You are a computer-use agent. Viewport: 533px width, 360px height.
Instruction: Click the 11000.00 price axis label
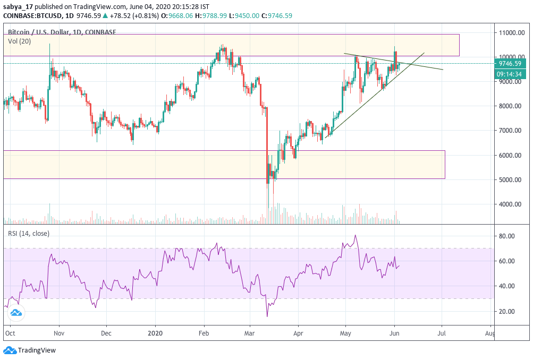[x=511, y=33]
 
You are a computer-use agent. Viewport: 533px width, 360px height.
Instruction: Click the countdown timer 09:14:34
[x=509, y=74]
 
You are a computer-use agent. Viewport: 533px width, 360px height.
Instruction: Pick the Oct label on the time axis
[x=10, y=334]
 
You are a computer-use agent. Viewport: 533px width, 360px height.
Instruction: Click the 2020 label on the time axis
[x=155, y=334]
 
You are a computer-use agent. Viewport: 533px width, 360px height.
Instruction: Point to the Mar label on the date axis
[x=250, y=334]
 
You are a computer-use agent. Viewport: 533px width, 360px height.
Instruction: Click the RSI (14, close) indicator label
[x=29, y=233]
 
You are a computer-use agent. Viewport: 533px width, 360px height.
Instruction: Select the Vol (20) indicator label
[x=19, y=41]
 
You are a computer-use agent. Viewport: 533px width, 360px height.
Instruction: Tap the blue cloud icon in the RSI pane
[x=15, y=313]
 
